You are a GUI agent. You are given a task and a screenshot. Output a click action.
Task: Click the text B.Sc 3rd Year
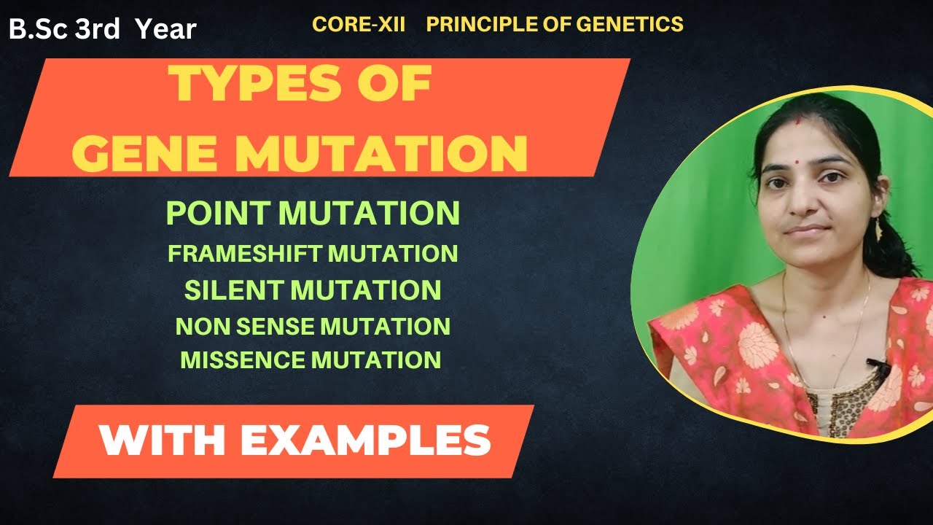point(103,29)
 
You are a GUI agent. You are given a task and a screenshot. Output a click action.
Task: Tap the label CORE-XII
point(358,24)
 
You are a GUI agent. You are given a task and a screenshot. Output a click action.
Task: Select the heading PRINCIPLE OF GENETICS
point(555,24)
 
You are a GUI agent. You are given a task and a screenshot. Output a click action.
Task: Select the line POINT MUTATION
point(313,213)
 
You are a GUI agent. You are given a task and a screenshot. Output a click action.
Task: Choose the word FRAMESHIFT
point(245,254)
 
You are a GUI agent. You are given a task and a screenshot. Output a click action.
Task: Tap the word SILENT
point(234,290)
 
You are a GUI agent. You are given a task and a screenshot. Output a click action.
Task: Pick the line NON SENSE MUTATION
point(313,326)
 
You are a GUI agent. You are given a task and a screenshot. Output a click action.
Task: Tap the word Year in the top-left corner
point(166,29)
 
